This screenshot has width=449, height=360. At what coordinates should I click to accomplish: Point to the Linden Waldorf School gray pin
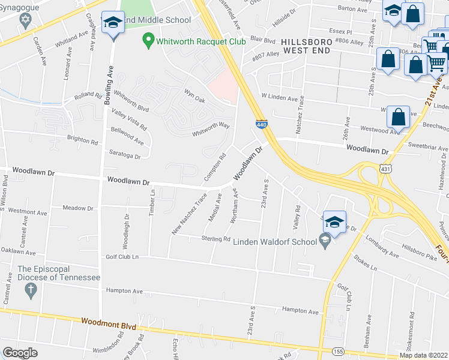click(x=325, y=241)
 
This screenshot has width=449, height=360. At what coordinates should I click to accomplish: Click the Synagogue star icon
click(x=25, y=22)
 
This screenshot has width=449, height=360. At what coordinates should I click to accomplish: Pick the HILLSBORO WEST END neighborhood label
click(x=305, y=46)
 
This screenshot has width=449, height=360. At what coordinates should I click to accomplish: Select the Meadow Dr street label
click(x=78, y=208)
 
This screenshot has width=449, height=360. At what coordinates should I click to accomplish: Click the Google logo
click(x=20, y=353)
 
